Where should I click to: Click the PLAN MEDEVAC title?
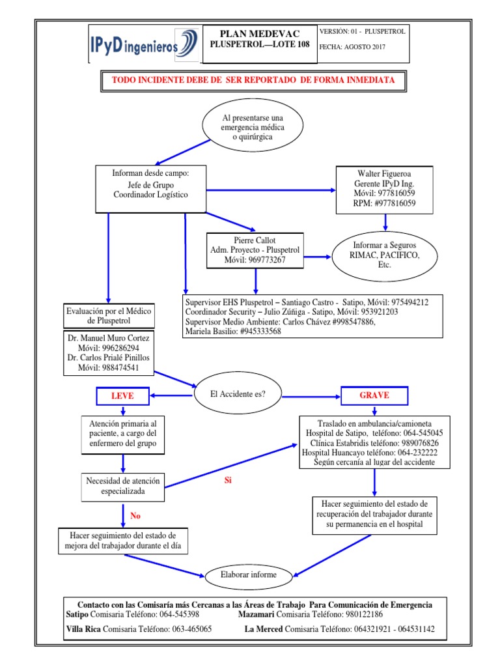coord(258,33)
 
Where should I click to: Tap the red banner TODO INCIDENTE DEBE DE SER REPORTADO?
coord(253,79)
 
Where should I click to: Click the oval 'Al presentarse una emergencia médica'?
coord(253,127)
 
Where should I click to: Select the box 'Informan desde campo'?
coord(150,189)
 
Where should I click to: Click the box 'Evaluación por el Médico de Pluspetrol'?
coord(109,316)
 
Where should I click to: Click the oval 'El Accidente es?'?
coord(238,393)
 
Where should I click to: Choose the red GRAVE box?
coord(374,395)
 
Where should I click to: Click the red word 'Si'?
coord(228,481)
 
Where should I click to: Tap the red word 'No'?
coord(135,516)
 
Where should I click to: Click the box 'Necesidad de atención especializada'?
coord(122,486)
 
